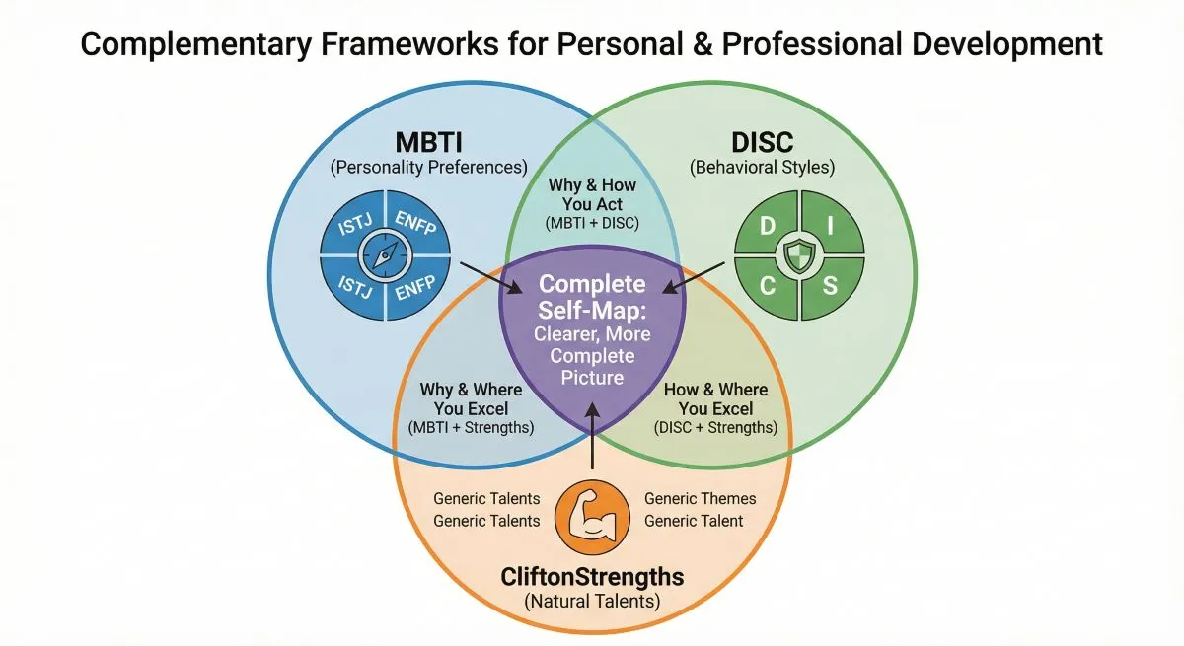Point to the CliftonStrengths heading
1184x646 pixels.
[591, 575]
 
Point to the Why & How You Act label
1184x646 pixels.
[592, 194]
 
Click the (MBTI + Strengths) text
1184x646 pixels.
[471, 427]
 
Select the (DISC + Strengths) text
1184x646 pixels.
[715, 427]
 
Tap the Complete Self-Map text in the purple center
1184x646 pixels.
[592, 295]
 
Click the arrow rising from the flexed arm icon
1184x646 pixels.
[591, 444]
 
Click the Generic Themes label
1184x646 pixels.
[701, 499]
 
